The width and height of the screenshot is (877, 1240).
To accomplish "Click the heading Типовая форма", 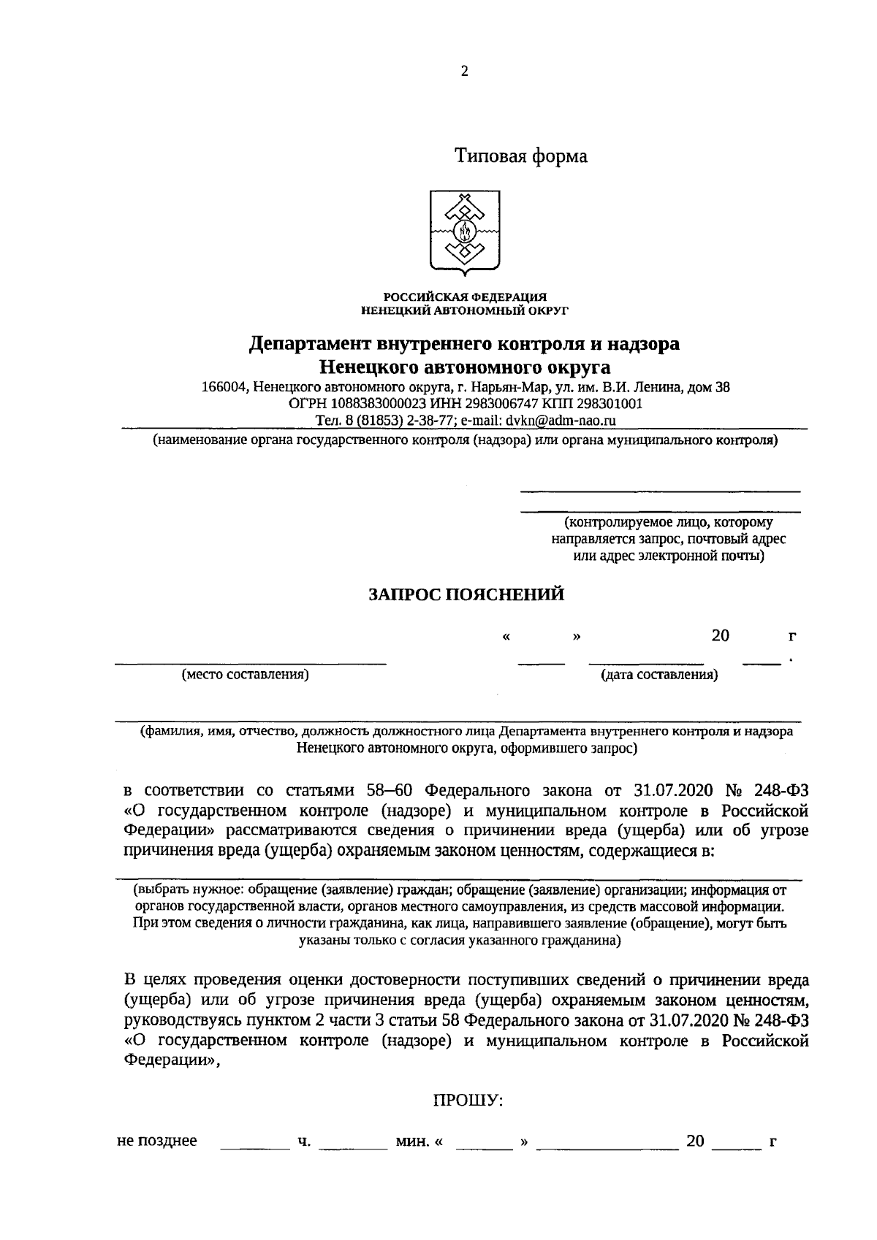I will (521, 156).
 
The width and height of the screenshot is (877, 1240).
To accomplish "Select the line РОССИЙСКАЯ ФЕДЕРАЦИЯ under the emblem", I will (465, 296).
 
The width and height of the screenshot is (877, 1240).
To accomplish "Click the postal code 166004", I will (224, 387).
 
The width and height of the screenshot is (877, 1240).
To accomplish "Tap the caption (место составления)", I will (245, 675).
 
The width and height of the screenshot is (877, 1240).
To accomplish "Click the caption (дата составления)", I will (658, 675).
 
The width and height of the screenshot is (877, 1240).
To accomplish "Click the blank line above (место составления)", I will (249, 662).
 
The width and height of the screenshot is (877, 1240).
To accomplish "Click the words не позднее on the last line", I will (157, 1141).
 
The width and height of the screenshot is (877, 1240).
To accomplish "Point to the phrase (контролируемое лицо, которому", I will (668, 523).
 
